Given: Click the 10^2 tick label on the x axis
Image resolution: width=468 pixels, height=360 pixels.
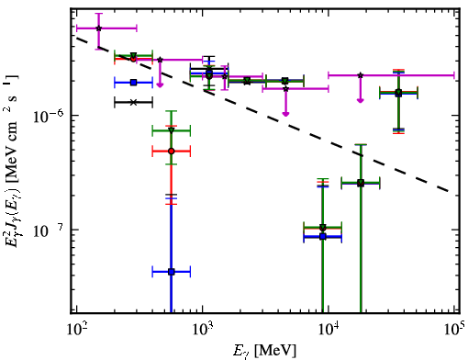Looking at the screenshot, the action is [x=76, y=330].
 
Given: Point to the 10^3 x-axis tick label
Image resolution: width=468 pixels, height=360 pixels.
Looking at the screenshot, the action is [x=203, y=330].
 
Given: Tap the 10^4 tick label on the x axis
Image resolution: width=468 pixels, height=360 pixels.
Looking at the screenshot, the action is [x=329, y=330].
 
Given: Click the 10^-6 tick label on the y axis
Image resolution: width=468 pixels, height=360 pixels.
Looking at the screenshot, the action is [x=48, y=117].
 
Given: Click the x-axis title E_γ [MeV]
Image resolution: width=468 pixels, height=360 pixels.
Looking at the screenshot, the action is [x=265, y=350].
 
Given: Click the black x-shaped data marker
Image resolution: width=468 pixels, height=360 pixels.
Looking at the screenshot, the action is [x=133, y=102].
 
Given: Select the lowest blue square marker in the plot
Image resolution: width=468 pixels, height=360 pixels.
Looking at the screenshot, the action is [x=172, y=272].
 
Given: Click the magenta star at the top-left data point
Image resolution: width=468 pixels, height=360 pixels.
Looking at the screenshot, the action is [x=98, y=28].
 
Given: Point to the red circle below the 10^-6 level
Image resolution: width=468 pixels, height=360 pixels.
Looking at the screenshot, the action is [x=172, y=152].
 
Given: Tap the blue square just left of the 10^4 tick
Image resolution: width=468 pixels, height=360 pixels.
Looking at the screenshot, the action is [x=323, y=236].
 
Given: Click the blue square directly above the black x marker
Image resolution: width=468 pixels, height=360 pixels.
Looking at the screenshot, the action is [x=133, y=83].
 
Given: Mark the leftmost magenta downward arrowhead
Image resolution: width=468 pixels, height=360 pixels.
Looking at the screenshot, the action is [x=160, y=84].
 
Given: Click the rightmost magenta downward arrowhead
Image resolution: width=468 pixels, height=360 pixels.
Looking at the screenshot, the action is [x=361, y=100].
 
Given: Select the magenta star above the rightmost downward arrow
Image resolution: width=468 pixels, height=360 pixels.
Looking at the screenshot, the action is [x=361, y=75].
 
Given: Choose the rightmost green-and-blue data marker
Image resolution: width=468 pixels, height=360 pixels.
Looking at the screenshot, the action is [x=398, y=93].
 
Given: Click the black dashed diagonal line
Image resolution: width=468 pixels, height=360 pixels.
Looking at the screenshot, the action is [x=262, y=115].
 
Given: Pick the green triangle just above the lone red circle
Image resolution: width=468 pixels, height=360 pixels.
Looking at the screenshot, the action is [x=172, y=130].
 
